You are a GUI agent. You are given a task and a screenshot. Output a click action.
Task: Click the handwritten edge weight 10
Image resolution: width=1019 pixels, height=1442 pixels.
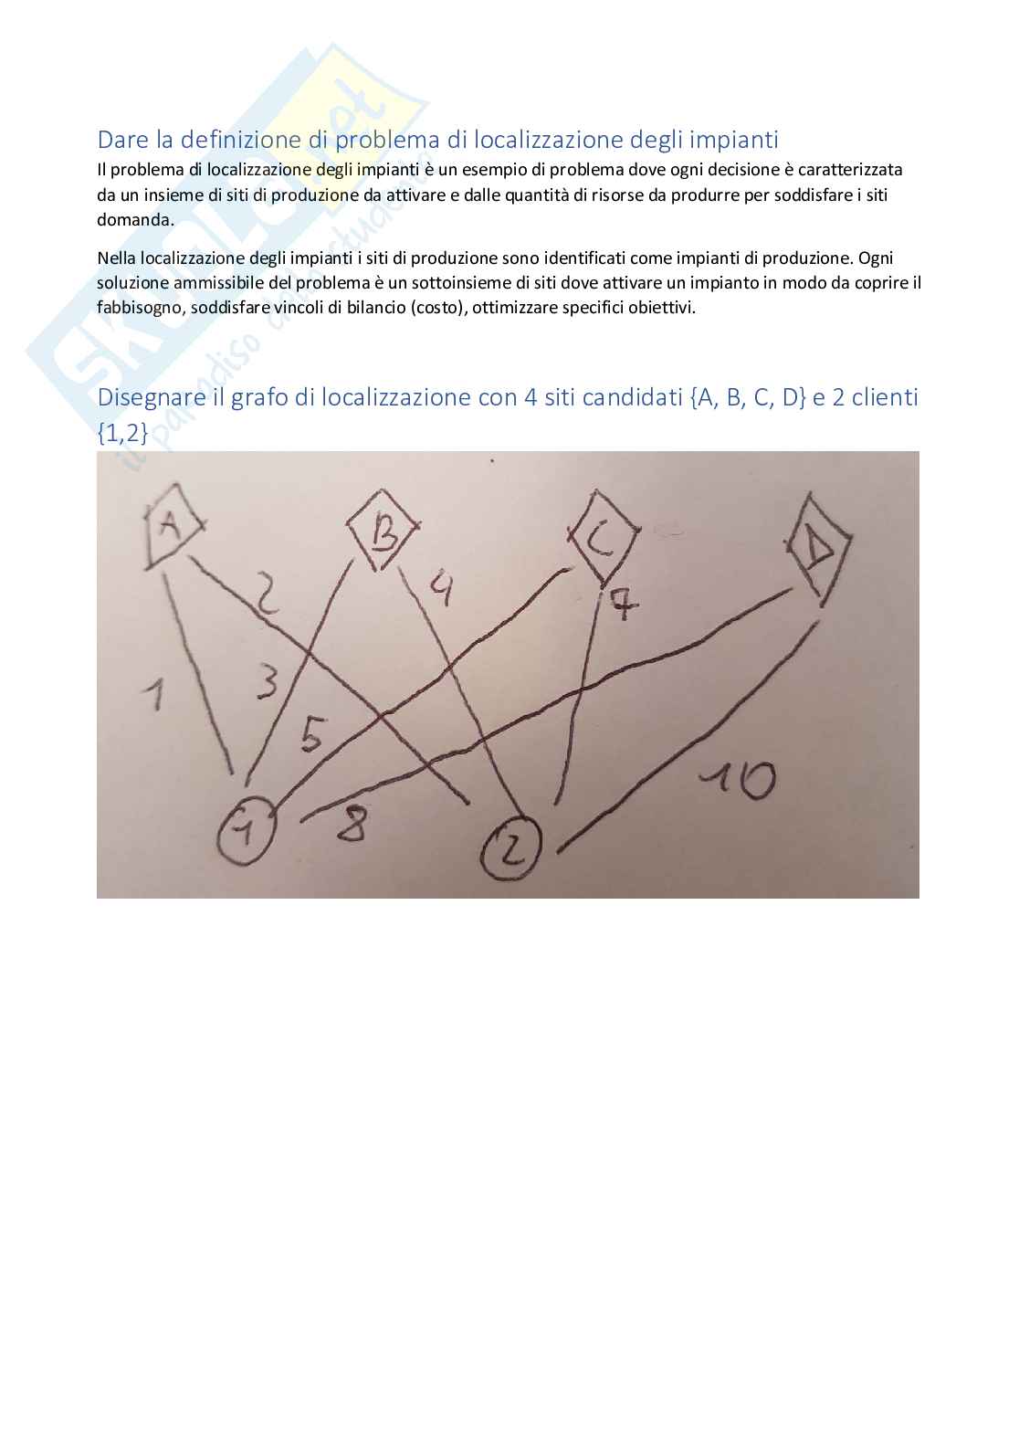click(x=739, y=780)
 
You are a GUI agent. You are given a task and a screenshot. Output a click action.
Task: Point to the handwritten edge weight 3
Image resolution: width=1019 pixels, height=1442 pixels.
click(x=268, y=682)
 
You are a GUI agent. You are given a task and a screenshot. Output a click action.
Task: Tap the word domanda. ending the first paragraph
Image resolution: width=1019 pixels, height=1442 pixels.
click(x=135, y=219)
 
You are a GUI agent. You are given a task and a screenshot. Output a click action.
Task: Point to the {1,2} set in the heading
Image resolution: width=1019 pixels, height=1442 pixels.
click(x=122, y=433)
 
